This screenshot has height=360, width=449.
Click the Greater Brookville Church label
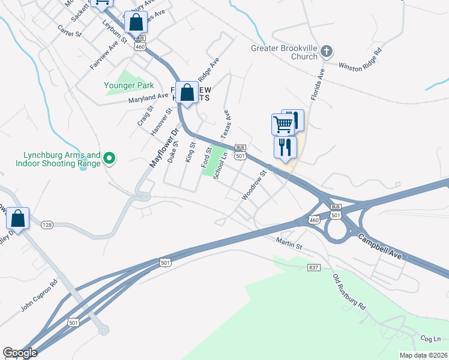285,53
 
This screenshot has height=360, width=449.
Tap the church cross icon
327,51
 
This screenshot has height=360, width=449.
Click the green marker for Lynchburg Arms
109,158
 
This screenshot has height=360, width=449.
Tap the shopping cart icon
282,124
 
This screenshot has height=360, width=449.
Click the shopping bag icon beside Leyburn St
136,23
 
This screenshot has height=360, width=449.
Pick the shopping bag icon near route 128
18,219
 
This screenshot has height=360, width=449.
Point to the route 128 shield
47,225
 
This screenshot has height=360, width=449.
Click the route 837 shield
313,267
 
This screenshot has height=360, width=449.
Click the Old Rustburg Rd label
349,292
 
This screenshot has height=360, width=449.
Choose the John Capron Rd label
40,296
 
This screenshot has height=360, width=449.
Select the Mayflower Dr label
164,148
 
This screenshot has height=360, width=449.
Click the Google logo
20,352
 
